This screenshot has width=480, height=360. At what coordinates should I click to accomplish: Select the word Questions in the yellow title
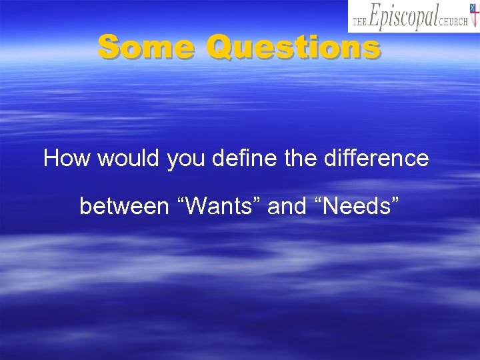point(293,47)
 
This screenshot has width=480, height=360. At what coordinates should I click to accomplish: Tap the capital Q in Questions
point(220,47)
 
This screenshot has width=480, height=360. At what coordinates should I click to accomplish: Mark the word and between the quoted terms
point(287,206)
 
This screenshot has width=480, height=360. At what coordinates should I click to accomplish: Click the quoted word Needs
point(357,206)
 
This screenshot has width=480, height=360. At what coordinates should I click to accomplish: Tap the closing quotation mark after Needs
point(396,199)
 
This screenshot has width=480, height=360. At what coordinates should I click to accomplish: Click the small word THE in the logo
point(360,21)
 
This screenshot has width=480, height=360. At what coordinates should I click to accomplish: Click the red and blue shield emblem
point(474,16)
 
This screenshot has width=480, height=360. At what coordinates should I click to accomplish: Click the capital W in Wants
point(197,206)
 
